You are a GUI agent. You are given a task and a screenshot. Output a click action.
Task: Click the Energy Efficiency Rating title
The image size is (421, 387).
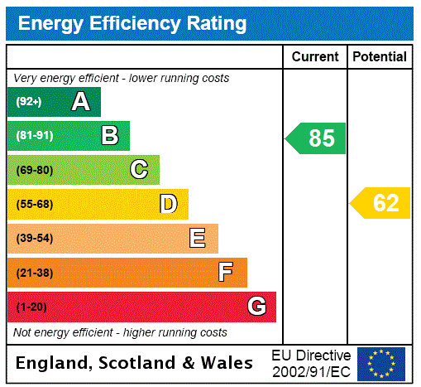click(132, 23)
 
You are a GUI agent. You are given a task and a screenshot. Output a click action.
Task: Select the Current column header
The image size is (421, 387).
click(315, 57)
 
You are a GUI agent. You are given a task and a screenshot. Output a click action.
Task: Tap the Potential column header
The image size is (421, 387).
click(380, 57)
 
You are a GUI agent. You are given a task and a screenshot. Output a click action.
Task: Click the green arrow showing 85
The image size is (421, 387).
click(316, 138)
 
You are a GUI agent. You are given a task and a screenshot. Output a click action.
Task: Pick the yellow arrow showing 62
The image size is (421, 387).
click(380, 203)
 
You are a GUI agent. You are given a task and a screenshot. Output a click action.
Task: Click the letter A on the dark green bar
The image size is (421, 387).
click(80, 102)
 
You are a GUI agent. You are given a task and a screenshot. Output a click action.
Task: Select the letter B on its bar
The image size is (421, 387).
click(109, 136)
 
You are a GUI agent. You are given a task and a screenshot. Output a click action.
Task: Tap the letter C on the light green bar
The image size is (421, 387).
click(139, 170)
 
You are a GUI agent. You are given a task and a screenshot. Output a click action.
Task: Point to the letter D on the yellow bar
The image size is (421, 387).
click(168, 204)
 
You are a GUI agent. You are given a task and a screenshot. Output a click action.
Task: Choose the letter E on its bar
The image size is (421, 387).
click(198, 239)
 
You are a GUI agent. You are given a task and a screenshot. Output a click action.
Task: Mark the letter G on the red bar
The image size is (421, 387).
click(256, 307)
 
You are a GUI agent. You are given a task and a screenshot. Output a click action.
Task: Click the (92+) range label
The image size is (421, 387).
click(28, 102)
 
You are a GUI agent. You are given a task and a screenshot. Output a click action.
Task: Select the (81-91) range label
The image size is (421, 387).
click(34, 136)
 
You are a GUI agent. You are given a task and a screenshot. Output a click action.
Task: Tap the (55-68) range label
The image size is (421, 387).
click(34, 204)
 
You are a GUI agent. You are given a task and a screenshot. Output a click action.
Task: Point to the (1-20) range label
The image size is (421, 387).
click(31, 307)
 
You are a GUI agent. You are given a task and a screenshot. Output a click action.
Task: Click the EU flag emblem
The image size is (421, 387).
click(381, 363)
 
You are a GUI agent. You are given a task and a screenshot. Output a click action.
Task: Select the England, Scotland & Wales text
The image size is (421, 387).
click(134, 363)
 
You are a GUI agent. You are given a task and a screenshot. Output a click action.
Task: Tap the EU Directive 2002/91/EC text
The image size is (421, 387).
click(311, 363)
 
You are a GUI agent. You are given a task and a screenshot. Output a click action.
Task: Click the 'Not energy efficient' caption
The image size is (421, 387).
click(120, 332)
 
